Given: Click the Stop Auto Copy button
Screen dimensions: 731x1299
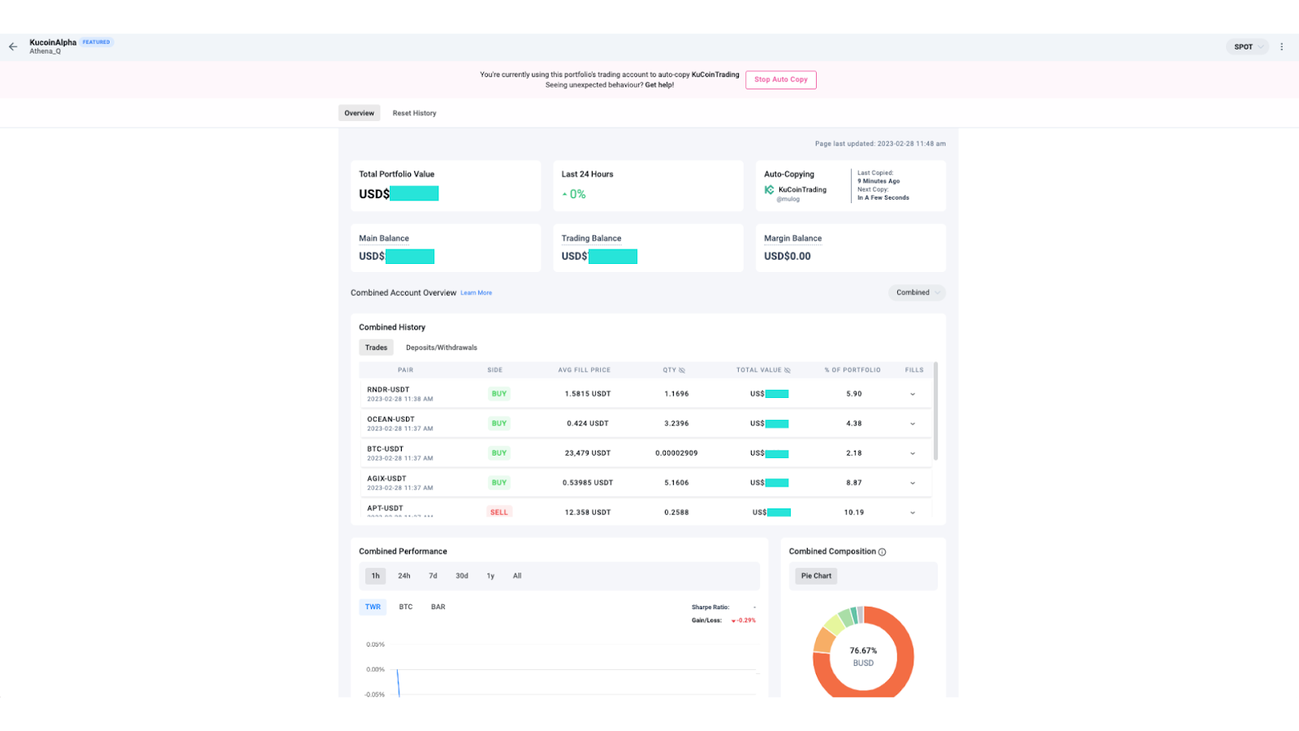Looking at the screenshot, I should (780, 80).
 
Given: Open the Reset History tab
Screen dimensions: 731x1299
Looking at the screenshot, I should (414, 113).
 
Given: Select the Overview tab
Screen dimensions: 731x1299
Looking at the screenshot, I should (359, 113).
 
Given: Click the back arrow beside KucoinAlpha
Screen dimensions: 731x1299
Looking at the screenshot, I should (13, 46).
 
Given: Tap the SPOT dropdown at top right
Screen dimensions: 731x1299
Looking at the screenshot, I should (1247, 47).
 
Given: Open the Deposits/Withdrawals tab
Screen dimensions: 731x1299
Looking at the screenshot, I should (441, 348).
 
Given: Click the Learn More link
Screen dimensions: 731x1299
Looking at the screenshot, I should (476, 293).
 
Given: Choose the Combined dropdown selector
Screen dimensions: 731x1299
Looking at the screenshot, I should (917, 292).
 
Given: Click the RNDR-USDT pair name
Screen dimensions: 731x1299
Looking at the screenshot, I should (388, 390).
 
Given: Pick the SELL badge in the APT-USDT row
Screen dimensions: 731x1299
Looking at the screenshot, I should (498, 513).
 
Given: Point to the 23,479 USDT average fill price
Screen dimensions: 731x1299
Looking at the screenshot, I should (587, 453).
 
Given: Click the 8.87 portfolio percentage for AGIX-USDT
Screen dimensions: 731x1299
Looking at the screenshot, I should (853, 482).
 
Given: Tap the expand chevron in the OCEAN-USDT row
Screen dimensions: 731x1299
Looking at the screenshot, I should (913, 424).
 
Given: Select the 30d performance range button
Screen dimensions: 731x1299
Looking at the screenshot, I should (461, 576).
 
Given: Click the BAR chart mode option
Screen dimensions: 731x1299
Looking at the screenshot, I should (438, 607).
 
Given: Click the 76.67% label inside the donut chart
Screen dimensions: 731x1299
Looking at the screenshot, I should (863, 651).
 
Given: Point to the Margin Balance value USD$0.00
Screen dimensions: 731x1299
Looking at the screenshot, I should (787, 256).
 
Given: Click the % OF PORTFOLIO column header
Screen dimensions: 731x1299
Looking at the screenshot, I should (852, 370).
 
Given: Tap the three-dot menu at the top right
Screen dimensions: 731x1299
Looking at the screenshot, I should (1282, 47).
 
